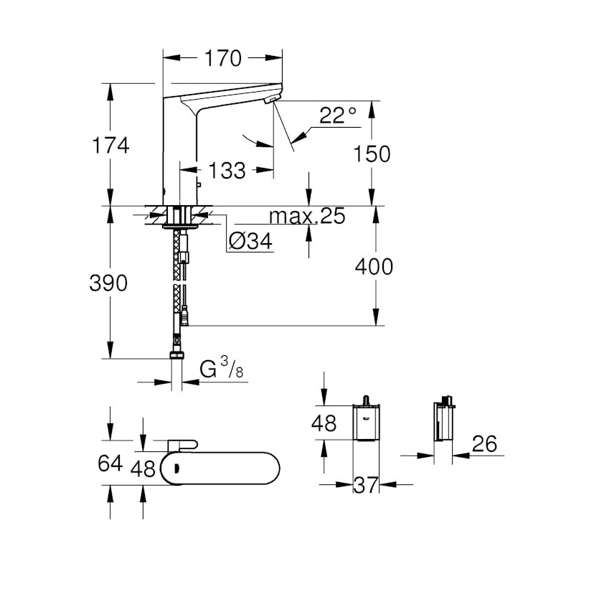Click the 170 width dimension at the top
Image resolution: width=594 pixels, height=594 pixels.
pos(224,57)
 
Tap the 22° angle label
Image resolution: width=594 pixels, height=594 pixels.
pos(338,115)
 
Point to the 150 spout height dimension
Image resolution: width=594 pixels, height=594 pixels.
pos(372,154)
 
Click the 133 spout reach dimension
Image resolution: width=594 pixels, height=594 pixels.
pos(226,171)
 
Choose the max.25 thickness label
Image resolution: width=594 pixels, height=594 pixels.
pos(307,216)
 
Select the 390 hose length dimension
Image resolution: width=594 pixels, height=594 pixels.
pos(108,283)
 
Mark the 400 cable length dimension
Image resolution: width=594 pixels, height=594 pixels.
pos(374,267)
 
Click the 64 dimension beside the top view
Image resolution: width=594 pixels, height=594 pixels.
pos(110,463)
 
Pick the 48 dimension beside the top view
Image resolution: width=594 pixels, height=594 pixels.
pos(143,468)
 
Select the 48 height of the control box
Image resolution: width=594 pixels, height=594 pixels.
pos(324,423)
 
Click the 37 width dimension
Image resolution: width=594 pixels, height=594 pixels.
pos(366,486)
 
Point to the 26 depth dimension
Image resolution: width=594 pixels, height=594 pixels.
pos(485,444)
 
